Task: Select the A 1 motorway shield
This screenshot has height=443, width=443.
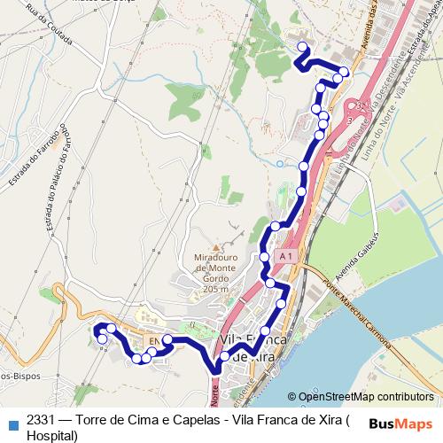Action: click(284, 256)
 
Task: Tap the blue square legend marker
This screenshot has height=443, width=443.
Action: click(12, 423)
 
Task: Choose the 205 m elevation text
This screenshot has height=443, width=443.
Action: click(214, 289)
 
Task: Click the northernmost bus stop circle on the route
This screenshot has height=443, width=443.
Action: click(302, 47)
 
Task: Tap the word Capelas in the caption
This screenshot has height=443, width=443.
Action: click(200, 421)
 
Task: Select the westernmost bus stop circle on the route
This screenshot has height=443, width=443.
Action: click(98, 330)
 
